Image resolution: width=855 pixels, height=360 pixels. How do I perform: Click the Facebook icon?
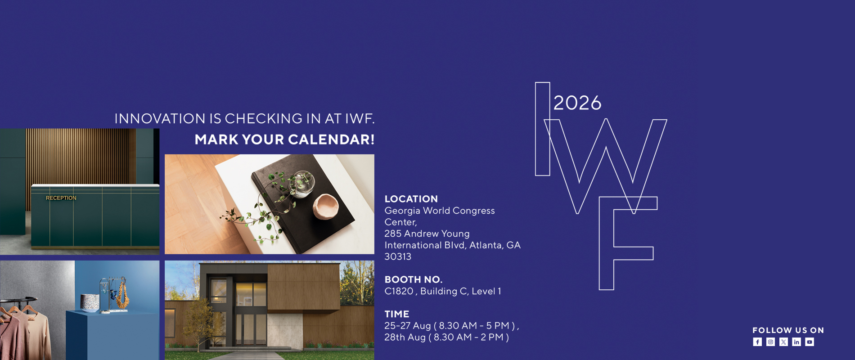[757, 342]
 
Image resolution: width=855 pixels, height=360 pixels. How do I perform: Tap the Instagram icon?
[770, 342]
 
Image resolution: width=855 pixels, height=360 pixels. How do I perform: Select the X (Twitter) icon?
[783, 342]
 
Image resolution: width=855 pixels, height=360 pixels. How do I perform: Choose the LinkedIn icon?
[796, 342]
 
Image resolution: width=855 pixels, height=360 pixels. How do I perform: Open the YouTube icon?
[810, 342]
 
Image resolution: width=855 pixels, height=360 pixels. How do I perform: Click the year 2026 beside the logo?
[577, 103]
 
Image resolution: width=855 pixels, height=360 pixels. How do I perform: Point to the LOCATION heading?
[411, 199]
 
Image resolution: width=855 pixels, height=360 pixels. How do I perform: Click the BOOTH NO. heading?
[414, 279]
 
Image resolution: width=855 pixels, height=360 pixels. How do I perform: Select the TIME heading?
[397, 314]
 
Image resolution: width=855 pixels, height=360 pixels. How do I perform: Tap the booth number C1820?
[399, 291]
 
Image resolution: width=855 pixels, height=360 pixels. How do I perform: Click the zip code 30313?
[398, 256]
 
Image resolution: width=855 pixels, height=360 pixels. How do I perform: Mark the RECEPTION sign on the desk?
[61, 198]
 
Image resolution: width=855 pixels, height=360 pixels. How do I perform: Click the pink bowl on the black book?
[325, 207]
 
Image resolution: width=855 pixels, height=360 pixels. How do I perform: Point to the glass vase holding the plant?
[301, 184]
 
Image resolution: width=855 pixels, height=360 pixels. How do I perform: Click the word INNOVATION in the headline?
[160, 119]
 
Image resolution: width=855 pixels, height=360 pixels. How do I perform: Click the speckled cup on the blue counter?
[90, 303]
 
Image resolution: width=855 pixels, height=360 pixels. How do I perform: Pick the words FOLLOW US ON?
[788, 330]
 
